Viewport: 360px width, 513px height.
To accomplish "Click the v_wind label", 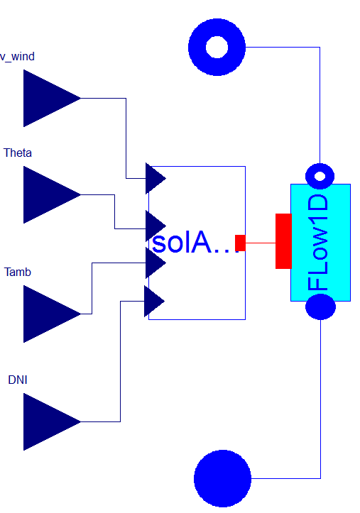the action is point(17,57).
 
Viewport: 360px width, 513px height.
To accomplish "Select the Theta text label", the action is point(18,153).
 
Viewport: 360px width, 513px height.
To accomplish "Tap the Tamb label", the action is point(18,272).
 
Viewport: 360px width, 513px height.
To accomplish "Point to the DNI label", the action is point(18,380).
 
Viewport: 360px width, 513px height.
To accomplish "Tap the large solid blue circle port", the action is point(222,478).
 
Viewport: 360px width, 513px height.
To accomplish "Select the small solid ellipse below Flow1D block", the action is point(320,307).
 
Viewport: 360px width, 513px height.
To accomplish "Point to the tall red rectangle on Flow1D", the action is point(283,241).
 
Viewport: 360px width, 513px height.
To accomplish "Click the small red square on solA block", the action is point(240,243).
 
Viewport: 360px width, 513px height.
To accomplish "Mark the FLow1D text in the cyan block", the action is point(317,242).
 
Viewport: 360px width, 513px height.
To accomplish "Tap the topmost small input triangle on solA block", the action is point(156,178).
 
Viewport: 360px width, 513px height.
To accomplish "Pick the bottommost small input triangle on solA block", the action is point(154,301).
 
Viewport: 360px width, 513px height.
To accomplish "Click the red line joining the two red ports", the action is point(261,243).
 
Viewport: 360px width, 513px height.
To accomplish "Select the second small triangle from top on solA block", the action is point(156,226).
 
